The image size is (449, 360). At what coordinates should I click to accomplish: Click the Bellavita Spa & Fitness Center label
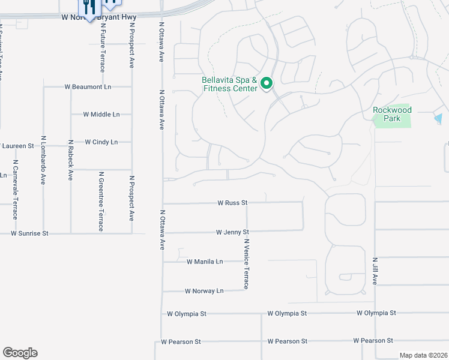(x=230, y=84)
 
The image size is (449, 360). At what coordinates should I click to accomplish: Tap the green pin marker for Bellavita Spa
(x=267, y=83)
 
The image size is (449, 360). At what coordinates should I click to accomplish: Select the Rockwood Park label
(x=392, y=114)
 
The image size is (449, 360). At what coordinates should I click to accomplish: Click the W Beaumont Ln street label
(x=88, y=87)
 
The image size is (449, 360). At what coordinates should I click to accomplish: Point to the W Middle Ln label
(x=101, y=114)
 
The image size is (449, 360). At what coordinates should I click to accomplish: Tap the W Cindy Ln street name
(x=101, y=142)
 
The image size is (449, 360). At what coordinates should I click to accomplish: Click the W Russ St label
(x=233, y=203)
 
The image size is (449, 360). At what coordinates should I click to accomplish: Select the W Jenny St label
(x=232, y=232)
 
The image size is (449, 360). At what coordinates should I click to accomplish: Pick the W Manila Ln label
(x=205, y=262)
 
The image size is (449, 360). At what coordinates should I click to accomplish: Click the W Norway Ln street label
(x=205, y=291)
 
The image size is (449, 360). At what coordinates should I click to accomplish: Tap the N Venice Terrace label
(x=246, y=264)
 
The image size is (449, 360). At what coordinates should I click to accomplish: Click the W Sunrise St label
(x=29, y=233)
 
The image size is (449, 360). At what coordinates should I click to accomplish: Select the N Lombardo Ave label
(x=43, y=162)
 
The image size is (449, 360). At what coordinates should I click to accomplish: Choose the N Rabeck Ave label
(x=71, y=160)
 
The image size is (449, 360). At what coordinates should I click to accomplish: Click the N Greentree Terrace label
(x=101, y=201)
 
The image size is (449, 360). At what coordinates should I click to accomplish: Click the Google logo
(x=20, y=353)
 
